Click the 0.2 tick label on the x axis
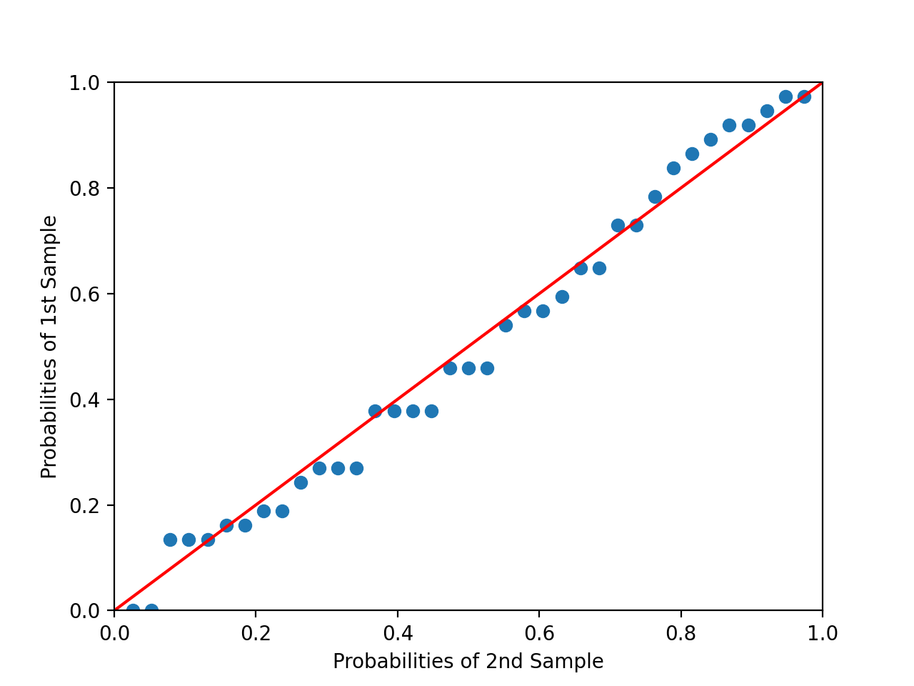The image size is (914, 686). (x=256, y=633)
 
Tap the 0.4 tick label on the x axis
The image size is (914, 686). (x=397, y=633)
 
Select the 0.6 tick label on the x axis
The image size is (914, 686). (x=539, y=633)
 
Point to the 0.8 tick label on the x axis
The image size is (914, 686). (x=681, y=633)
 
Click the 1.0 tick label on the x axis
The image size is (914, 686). (x=822, y=633)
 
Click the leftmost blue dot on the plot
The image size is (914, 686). (x=133, y=610)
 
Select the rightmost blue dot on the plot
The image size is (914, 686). (x=804, y=96)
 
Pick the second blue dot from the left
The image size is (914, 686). (x=151, y=610)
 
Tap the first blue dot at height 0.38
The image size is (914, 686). (x=375, y=411)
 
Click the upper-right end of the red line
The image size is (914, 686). (x=822, y=83)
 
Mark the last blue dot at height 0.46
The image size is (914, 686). (x=487, y=368)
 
